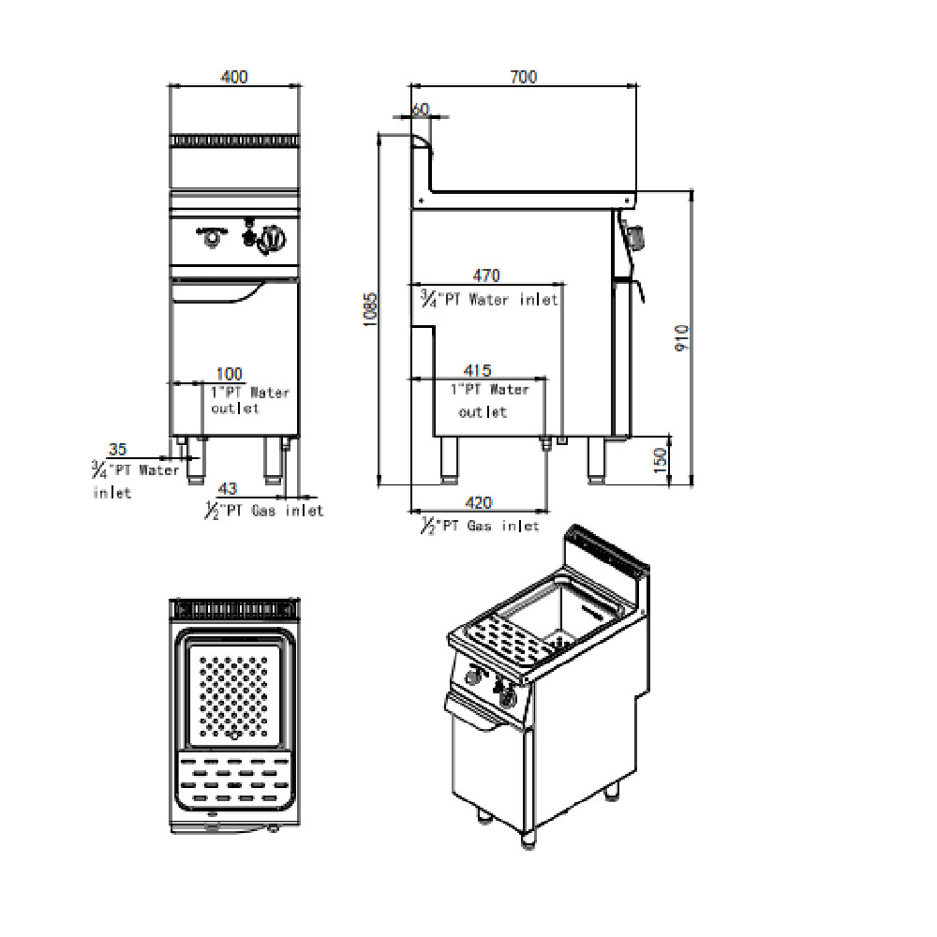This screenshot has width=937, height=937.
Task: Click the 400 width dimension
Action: coord(234,77)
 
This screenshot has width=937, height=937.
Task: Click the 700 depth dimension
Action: coord(524,77)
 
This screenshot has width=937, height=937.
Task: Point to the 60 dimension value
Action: coord(420,109)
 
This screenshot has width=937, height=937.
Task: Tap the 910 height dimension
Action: coord(682,337)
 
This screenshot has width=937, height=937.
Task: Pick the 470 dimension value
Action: coord(486,275)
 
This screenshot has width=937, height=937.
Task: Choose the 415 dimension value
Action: coord(478,371)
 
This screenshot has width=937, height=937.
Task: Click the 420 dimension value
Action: coord(478,503)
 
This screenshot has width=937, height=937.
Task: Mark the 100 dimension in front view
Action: coord(230,375)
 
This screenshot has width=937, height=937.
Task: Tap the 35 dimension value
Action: coord(118,450)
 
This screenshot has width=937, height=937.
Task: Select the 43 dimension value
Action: coord(228,488)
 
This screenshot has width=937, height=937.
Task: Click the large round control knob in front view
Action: coord(273,240)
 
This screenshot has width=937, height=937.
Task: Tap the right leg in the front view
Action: coord(273,459)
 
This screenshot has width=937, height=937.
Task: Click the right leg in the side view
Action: coord(597,458)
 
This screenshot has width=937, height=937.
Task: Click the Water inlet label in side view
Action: coord(489,300)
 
